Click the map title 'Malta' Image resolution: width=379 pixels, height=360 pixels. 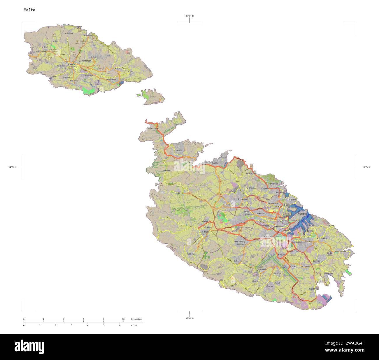(x=29, y=10)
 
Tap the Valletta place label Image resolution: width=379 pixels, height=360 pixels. (x=302, y=214)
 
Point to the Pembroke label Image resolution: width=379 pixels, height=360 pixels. (x=273, y=184)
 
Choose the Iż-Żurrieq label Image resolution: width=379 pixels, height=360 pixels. (x=269, y=287)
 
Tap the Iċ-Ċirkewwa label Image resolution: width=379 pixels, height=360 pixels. (x=154, y=129)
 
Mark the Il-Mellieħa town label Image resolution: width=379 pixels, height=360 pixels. (x=179, y=151)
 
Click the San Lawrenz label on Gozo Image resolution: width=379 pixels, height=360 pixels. (x=41, y=52)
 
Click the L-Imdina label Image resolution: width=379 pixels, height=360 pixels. (x=208, y=227)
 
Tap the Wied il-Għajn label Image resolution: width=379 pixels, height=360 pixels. (x=341, y=251)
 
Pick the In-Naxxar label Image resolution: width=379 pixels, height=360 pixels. (x=243, y=199)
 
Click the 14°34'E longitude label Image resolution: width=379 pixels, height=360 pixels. (x=366, y=167)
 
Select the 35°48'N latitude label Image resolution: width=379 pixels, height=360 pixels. (x=189, y=318)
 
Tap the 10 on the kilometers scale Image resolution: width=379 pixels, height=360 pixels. (x=123, y=319)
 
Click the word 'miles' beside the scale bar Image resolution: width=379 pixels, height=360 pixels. (x=134, y=325)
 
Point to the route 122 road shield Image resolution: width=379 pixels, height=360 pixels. (x=189, y=193)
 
